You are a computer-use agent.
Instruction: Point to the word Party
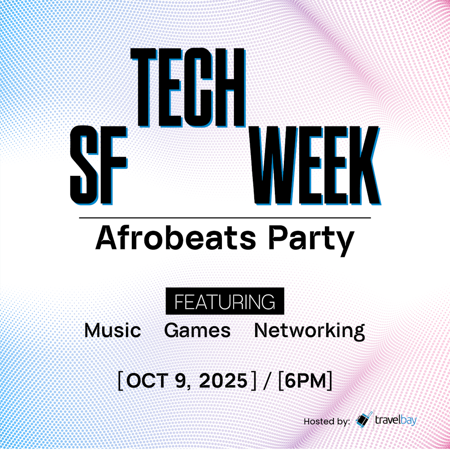pos(310,240)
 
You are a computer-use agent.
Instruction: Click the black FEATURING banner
pos(225,301)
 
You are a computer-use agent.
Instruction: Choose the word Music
pos(112,331)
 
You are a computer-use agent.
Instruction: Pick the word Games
pos(197,331)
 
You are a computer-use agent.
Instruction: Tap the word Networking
pos(309,331)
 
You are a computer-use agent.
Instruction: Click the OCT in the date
pos(145,381)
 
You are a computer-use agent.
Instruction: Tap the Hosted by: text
pos(326,422)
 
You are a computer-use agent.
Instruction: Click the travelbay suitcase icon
pos(364,420)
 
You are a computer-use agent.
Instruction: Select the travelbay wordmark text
pos(396,421)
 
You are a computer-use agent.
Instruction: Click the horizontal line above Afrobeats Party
pos(225,218)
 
